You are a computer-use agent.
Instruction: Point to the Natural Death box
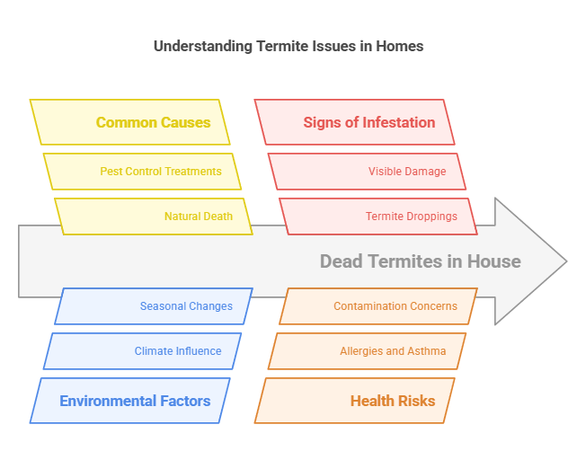(153, 217)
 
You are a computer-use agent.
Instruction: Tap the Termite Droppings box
(377, 217)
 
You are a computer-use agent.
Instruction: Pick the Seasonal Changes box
(153, 306)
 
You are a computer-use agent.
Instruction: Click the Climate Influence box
(142, 351)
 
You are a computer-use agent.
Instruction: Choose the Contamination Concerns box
(377, 306)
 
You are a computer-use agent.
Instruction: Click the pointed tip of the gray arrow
(565, 261)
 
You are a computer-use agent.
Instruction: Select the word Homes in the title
(401, 46)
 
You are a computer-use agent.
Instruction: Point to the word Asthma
(428, 351)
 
